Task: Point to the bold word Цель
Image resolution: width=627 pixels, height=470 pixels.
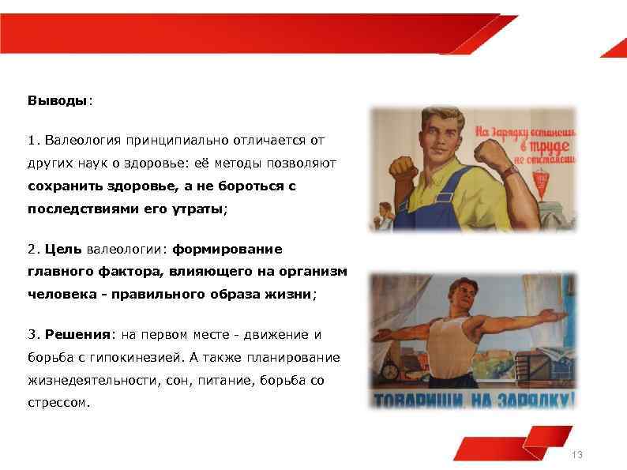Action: click(64, 250)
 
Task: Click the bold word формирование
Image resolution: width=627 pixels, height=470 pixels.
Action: click(227, 250)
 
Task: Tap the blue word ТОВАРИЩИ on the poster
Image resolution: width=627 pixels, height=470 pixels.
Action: click(420, 399)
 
